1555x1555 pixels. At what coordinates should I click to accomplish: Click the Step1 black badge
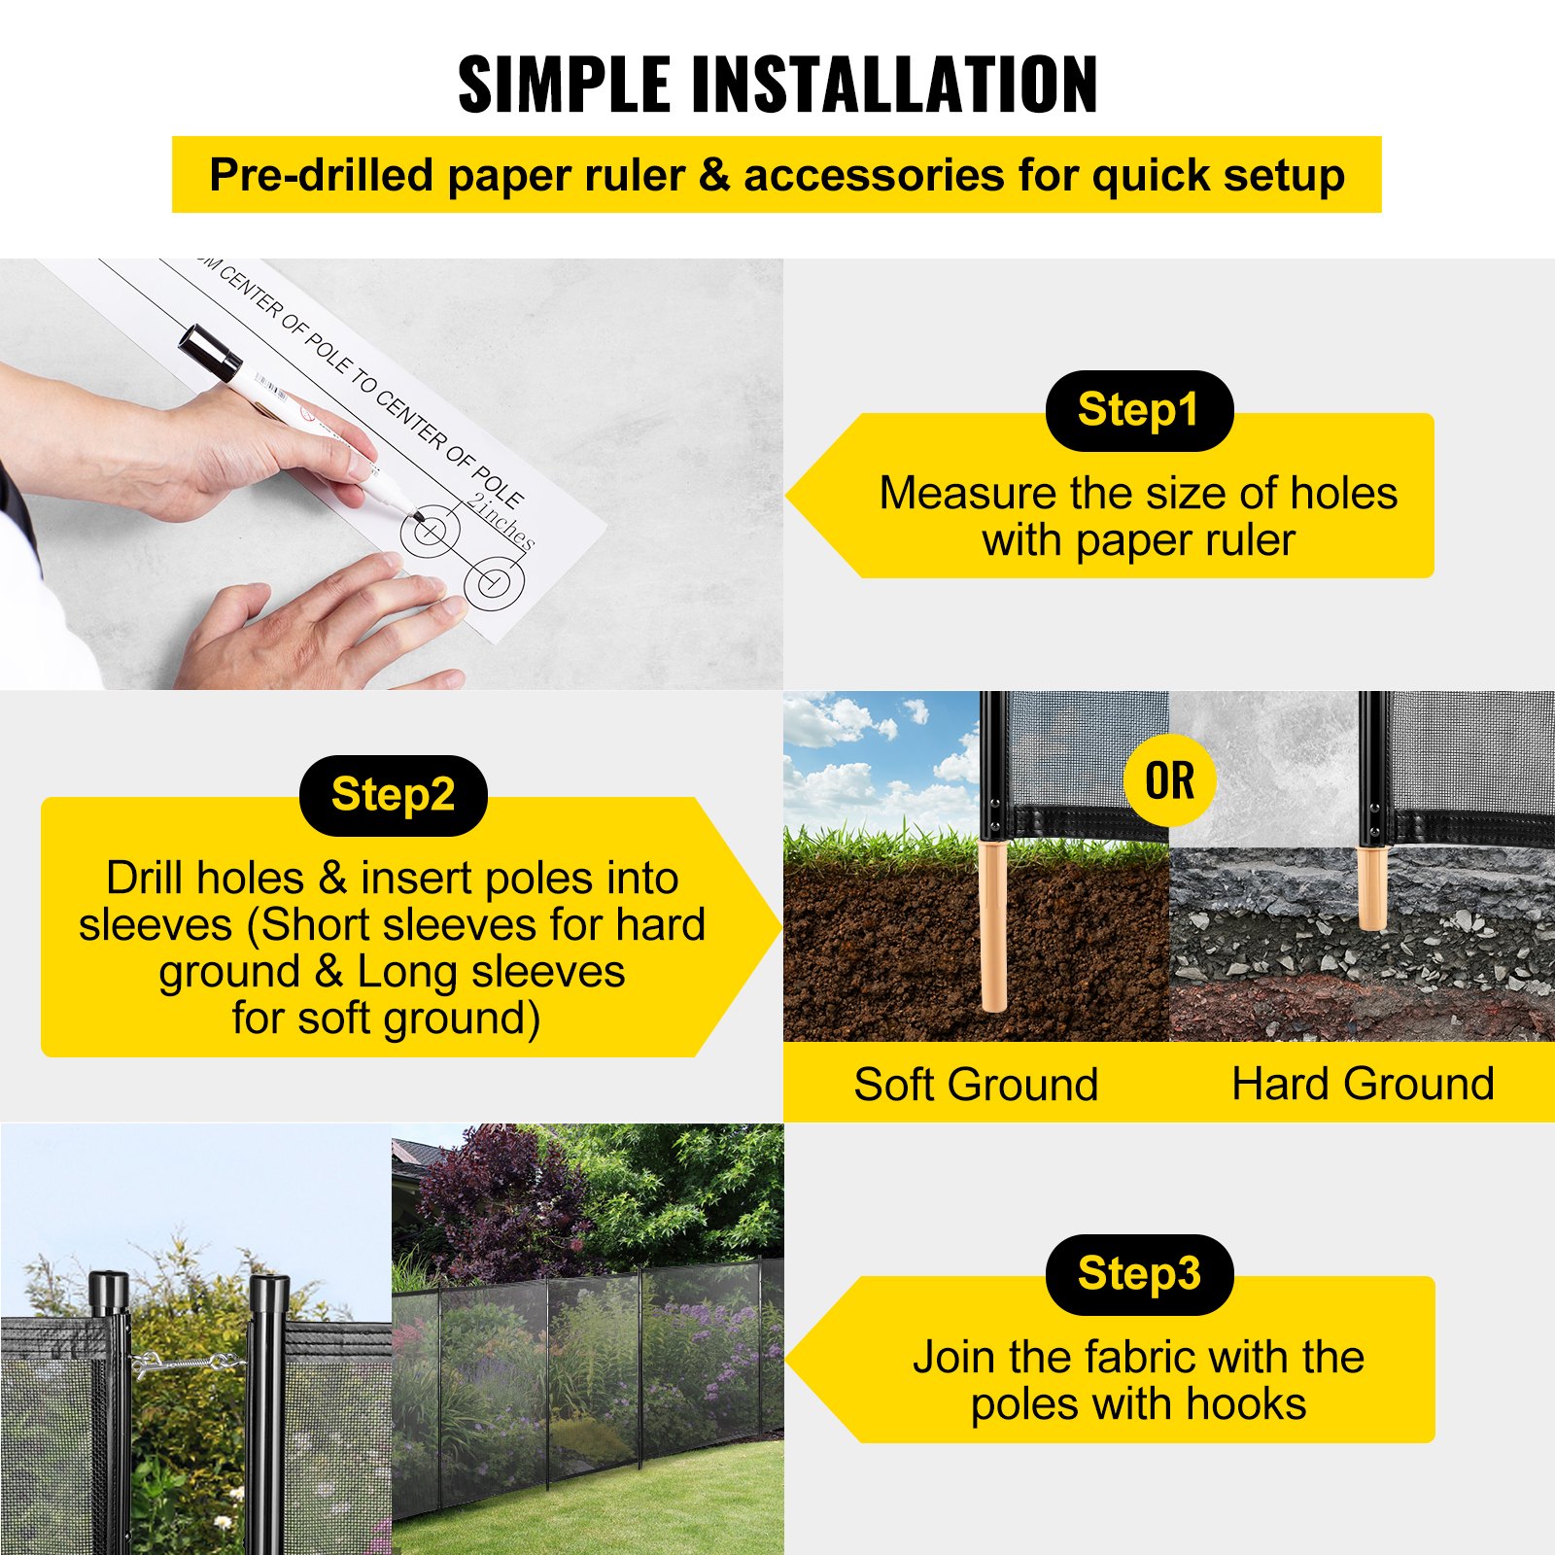(x=1138, y=410)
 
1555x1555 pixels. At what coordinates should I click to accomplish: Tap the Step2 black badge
(x=393, y=795)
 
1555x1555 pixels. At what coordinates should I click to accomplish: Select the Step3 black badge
(x=1138, y=1274)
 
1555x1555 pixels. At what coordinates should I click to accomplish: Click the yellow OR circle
(x=1169, y=780)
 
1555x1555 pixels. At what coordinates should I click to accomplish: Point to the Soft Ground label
(x=976, y=1084)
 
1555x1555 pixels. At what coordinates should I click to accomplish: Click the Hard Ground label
(x=1363, y=1084)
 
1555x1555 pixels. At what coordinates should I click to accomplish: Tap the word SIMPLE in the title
(x=564, y=85)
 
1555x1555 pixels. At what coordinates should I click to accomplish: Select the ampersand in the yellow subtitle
(x=713, y=176)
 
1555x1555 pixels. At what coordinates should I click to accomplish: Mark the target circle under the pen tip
(x=429, y=532)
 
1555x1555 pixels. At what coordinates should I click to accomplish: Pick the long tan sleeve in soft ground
(x=993, y=928)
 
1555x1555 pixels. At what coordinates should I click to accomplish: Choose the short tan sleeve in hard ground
(x=1371, y=887)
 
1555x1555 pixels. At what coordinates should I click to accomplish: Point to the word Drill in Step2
(x=155, y=879)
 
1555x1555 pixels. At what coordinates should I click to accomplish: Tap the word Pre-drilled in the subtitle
(x=321, y=176)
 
